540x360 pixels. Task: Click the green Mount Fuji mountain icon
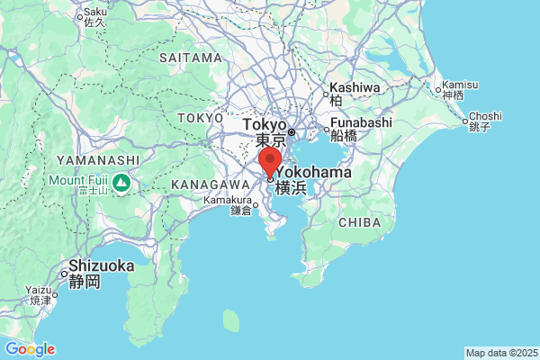coord(121,184)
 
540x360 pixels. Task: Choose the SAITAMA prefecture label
coord(190,58)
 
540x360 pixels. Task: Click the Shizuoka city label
coord(102,265)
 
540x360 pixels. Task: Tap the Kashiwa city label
coord(354,87)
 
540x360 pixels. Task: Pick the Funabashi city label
coord(361,122)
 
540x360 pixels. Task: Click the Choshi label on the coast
coord(485,115)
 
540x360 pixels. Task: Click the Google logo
coord(30,349)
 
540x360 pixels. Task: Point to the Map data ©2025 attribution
coord(500,353)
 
